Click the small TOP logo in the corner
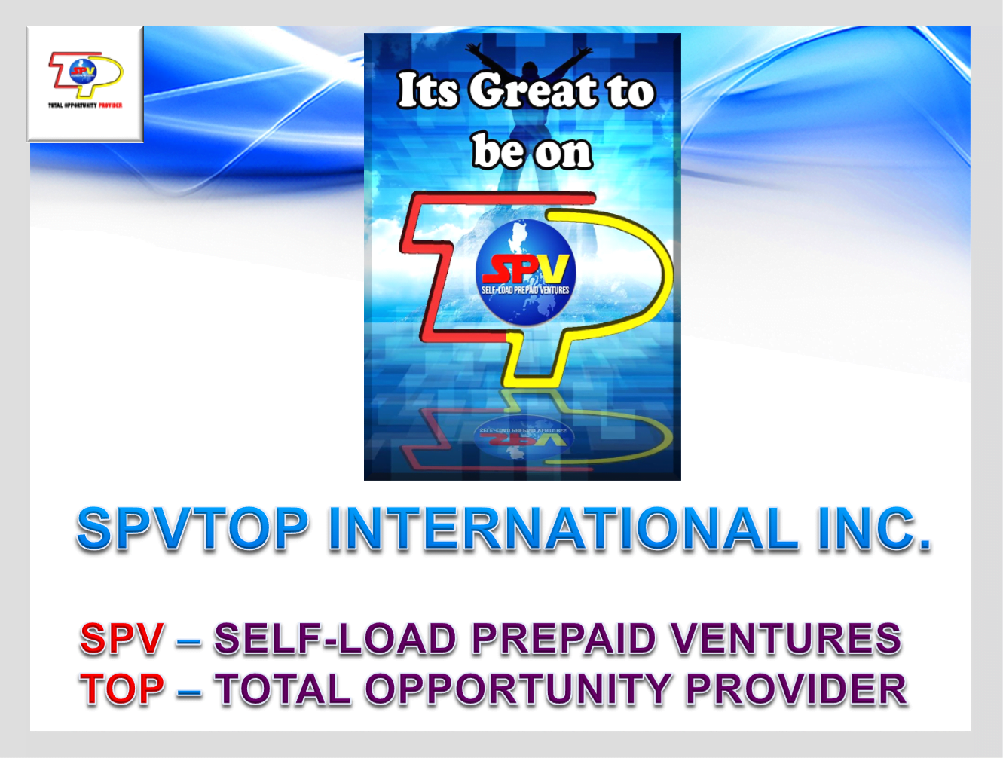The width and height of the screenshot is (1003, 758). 84,83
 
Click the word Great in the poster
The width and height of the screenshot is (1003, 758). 534,90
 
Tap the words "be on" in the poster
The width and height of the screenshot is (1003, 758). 532,151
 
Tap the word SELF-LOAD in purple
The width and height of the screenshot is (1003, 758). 335,639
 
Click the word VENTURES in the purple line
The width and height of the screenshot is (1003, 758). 785,639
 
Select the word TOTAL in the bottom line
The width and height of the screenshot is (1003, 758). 283,689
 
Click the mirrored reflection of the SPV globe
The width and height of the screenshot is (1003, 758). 525,437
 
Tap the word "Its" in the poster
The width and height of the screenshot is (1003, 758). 428,90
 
